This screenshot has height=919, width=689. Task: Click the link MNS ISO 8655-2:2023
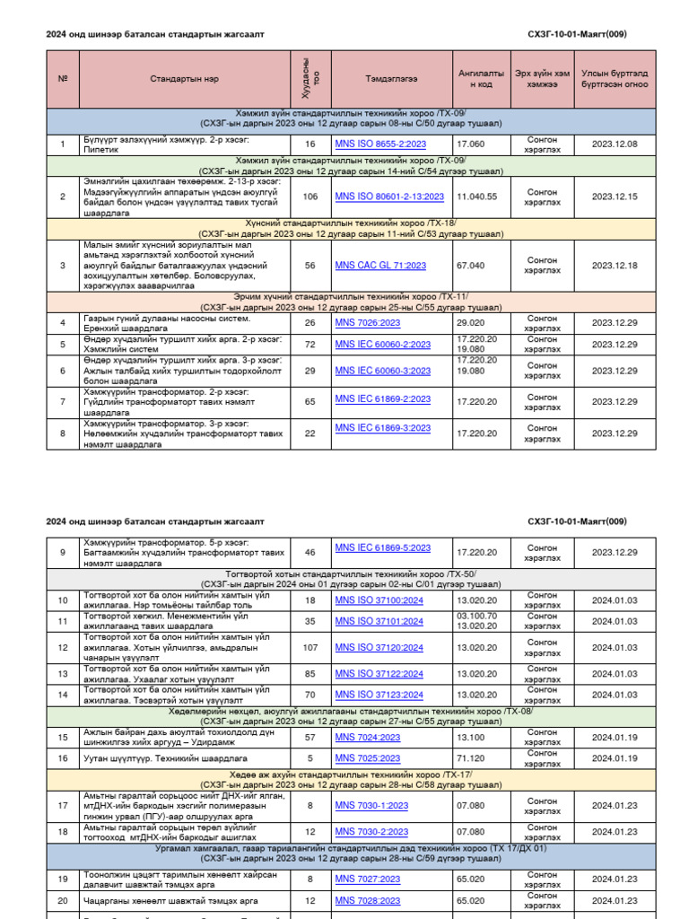(x=380, y=144)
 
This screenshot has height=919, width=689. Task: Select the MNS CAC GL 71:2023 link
(x=380, y=266)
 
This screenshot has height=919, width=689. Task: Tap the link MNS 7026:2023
(x=368, y=322)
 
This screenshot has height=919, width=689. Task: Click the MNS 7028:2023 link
(x=368, y=901)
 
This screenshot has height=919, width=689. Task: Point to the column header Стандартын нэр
(x=184, y=79)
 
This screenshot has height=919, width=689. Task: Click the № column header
(x=63, y=79)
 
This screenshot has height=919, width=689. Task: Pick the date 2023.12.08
(x=615, y=144)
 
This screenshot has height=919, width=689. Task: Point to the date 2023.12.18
(x=615, y=266)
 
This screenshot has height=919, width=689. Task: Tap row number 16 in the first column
(x=63, y=758)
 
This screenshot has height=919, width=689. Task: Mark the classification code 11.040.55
(x=476, y=197)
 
